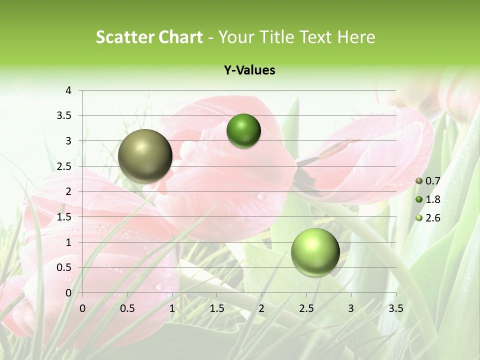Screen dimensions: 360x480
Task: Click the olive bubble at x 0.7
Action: pos(145,156)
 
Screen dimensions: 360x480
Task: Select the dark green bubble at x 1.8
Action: pos(243,131)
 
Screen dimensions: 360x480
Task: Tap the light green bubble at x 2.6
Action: pos(315,252)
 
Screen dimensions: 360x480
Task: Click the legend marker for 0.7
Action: pos(419,180)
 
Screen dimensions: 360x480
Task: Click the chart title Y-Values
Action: pos(249,70)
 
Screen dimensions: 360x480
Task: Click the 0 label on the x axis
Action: pos(82,308)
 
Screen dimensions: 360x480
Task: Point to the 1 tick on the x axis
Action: pos(172,308)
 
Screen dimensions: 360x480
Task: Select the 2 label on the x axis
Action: pos(261,308)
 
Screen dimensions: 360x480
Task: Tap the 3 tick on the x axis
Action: pos(351,308)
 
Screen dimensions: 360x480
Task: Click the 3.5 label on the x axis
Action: pos(395,308)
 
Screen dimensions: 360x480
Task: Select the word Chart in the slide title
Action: pos(180,37)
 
